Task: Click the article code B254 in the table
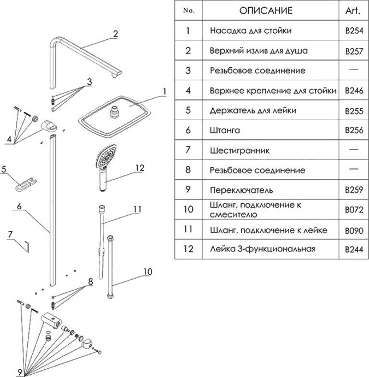(x=354, y=31)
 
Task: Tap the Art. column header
(x=353, y=10)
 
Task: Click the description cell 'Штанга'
(x=225, y=130)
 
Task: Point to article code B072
(x=354, y=210)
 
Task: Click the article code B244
(x=354, y=250)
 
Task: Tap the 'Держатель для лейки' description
(x=253, y=110)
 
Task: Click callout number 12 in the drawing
(x=140, y=168)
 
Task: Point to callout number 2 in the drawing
(x=115, y=34)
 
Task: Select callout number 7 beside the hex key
(x=9, y=234)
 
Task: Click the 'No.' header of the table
(x=188, y=10)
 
